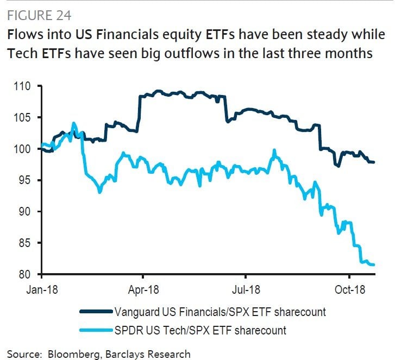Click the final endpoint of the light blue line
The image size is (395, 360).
click(374, 264)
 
